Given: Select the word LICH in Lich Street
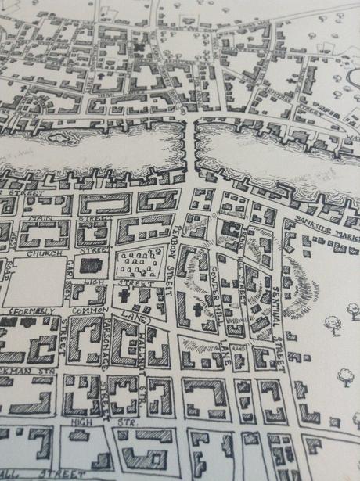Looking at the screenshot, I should [x=95, y=281].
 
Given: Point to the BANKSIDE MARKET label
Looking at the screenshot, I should [x=327, y=228].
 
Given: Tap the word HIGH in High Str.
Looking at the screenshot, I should [x=77, y=422].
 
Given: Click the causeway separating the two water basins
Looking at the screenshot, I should [x=188, y=149].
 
